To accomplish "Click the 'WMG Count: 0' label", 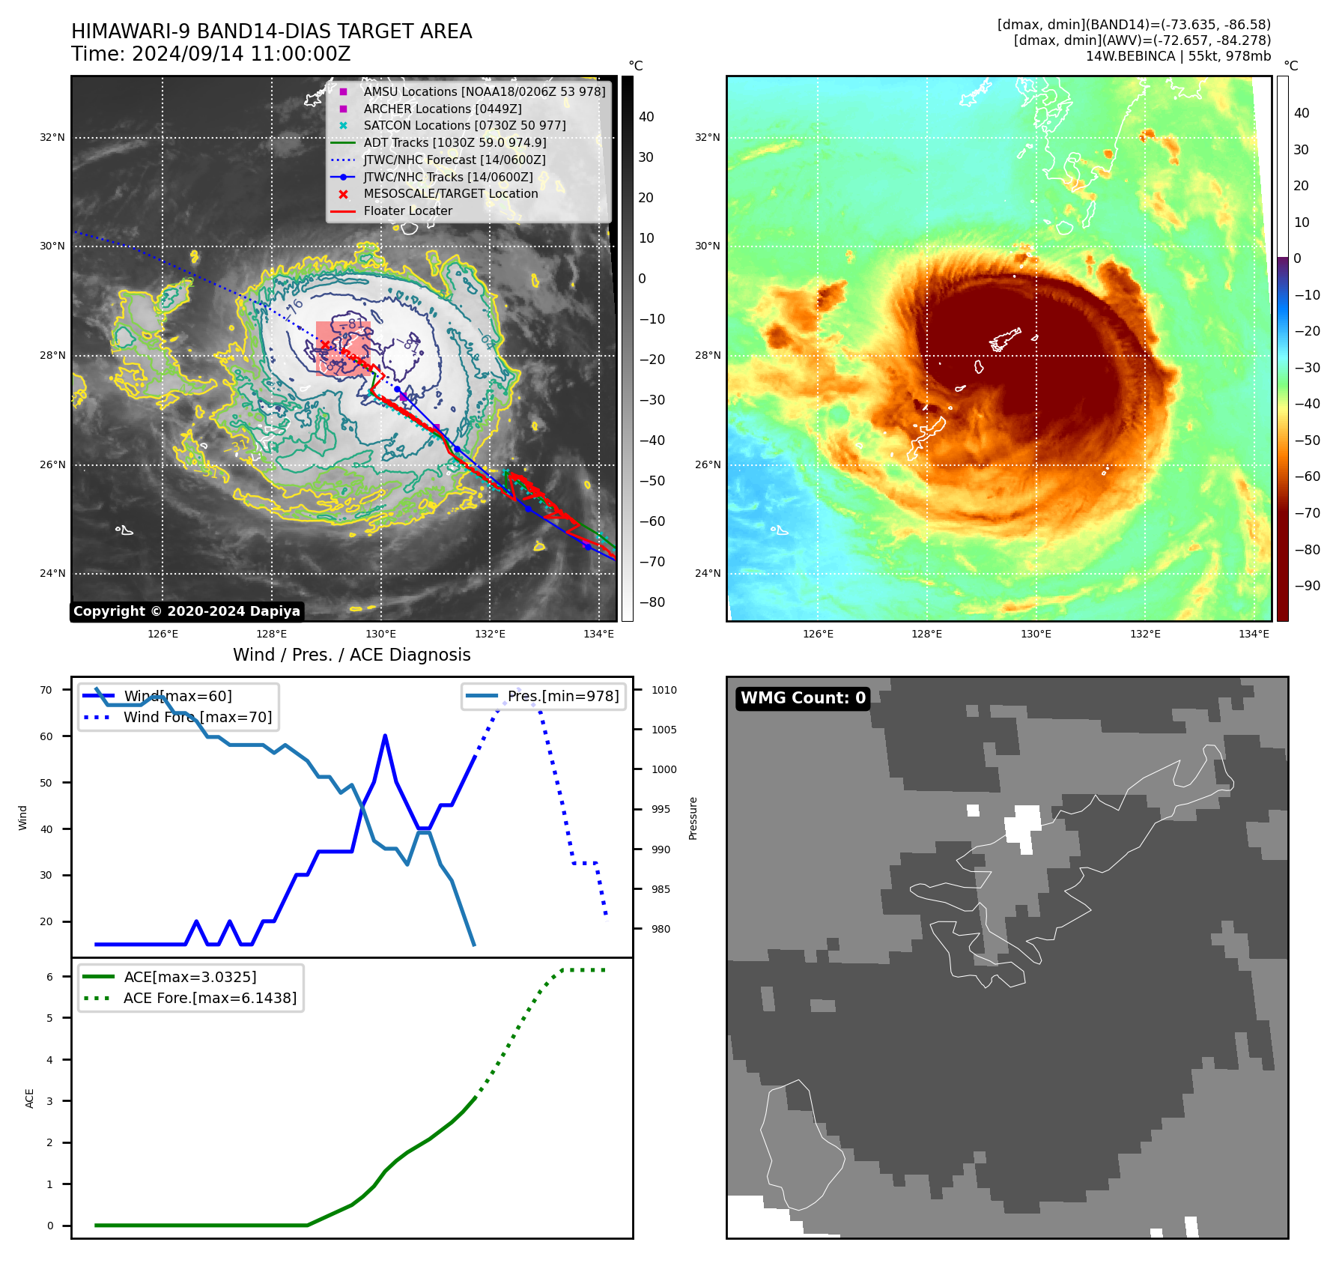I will (x=803, y=698).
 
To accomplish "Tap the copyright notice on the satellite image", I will (x=186, y=611).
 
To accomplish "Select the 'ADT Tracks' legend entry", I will (x=455, y=142).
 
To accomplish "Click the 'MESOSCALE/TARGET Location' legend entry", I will (x=451, y=193).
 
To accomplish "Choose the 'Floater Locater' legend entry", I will (x=407, y=211).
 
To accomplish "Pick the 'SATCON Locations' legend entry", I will (x=464, y=125).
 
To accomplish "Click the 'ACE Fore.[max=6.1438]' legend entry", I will (x=210, y=998).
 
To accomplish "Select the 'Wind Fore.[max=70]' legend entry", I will (x=198, y=717).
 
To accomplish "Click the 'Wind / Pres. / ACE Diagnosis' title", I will (x=352, y=655).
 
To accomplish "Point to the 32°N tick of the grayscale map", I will (x=52, y=138).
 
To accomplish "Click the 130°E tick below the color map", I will (x=1036, y=634).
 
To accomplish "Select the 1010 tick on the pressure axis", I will (x=664, y=690).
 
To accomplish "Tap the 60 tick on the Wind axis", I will (x=46, y=736).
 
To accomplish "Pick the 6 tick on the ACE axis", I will (x=49, y=977).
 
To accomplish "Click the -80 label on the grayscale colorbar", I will (x=652, y=602).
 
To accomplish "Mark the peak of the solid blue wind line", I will (x=385, y=736).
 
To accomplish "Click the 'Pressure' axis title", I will (x=693, y=818).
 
